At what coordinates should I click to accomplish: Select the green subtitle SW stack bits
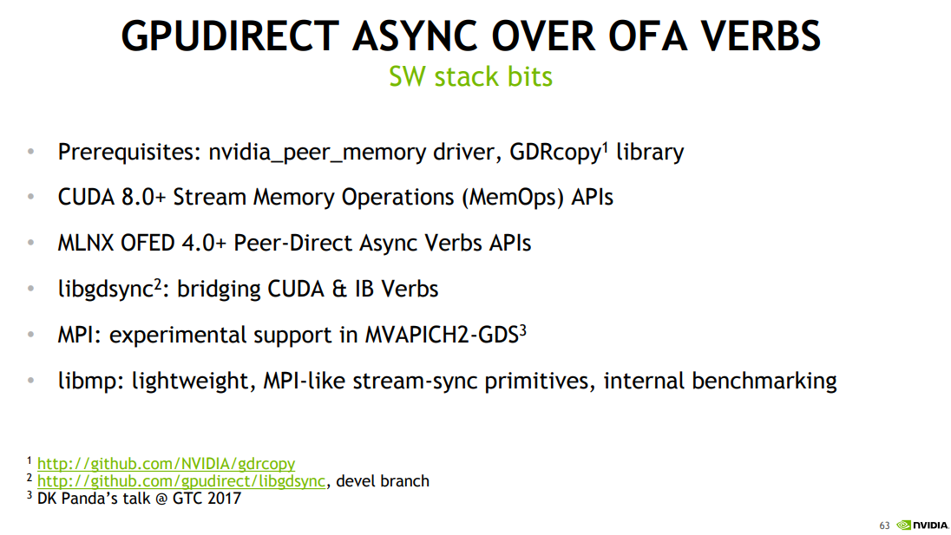470,76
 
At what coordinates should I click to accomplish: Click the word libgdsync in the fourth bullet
105,289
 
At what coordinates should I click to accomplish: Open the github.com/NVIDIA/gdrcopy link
166,465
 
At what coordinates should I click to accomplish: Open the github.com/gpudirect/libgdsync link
180,481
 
